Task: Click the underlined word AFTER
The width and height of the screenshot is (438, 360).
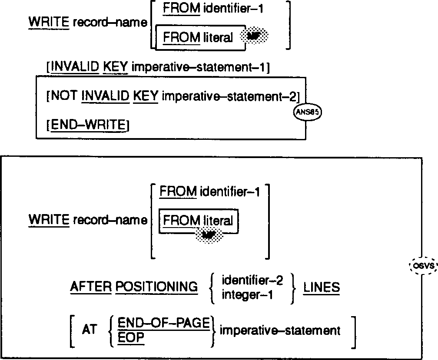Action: [90, 287]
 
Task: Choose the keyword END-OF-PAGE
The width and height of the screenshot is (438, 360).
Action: [164, 322]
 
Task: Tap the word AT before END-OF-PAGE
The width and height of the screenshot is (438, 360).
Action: [89, 330]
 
